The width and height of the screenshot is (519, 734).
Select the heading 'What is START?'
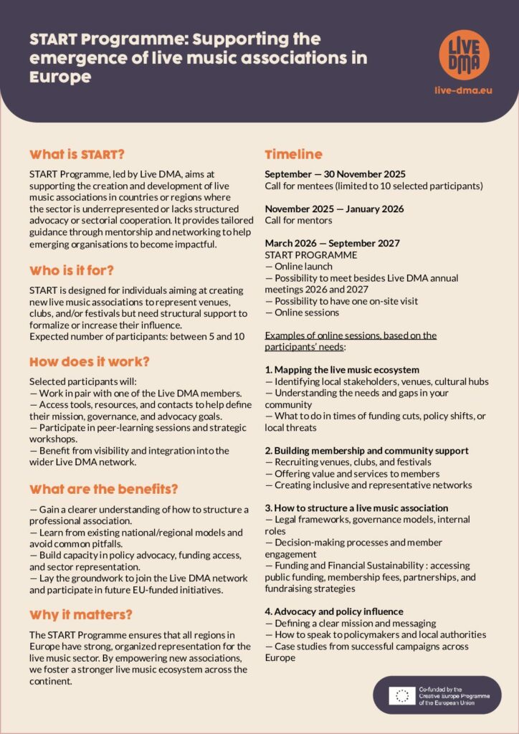click(77, 154)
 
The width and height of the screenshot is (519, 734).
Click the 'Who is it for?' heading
click(72, 270)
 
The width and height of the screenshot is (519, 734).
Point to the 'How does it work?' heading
click(90, 361)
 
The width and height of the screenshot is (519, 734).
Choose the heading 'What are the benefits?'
click(103, 490)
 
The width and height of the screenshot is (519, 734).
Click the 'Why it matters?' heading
click(81, 614)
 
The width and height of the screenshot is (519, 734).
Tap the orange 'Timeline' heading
click(294, 154)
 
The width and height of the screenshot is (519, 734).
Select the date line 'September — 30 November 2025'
click(335, 174)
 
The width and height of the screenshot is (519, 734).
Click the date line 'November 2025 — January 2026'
click(333, 209)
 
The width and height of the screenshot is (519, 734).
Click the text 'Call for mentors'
click(298, 220)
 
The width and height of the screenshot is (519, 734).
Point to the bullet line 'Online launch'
click(301, 266)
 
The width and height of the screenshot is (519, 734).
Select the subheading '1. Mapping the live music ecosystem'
click(342, 370)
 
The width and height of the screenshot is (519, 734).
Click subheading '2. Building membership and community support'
click(366, 450)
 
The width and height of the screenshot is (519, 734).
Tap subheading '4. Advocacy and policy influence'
click(334, 611)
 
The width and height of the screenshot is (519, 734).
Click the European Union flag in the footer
click(401, 695)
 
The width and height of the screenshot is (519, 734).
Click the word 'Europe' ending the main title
click(60, 77)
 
